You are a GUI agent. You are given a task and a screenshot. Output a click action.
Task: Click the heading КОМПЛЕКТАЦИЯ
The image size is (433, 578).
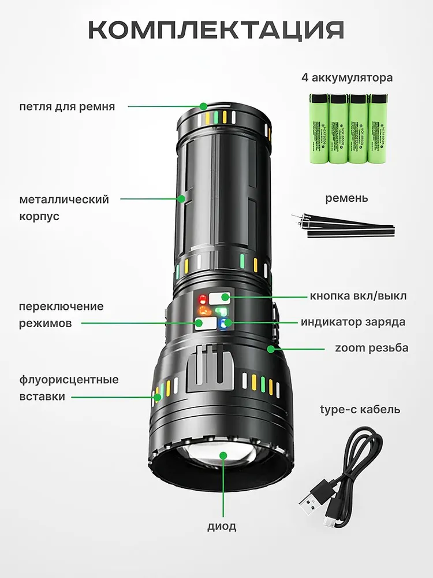[x=216, y=29]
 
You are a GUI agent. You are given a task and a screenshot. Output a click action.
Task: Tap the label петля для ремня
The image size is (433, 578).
[x=67, y=107]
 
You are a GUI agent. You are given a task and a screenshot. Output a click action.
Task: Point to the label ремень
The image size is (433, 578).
[x=346, y=198]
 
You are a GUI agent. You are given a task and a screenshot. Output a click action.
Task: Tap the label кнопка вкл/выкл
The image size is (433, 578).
[x=358, y=296]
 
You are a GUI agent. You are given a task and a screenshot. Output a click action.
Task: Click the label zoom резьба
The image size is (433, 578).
[x=371, y=348]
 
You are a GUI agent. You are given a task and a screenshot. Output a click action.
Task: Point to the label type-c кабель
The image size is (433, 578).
[x=360, y=410]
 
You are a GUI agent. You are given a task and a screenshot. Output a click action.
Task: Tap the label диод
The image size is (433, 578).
[x=222, y=527]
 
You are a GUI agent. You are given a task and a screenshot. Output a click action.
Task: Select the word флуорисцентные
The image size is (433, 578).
[x=69, y=380]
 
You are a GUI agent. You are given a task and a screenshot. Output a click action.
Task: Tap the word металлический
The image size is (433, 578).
[x=64, y=199]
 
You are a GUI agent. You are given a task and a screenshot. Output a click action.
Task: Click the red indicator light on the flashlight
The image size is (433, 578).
[x=203, y=299]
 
